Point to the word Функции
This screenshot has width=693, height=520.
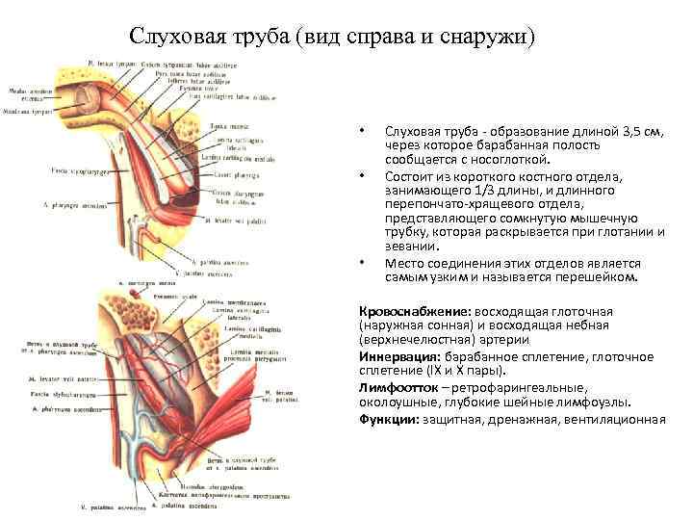(x=387, y=419)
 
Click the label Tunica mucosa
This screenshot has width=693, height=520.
(x=224, y=126)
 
